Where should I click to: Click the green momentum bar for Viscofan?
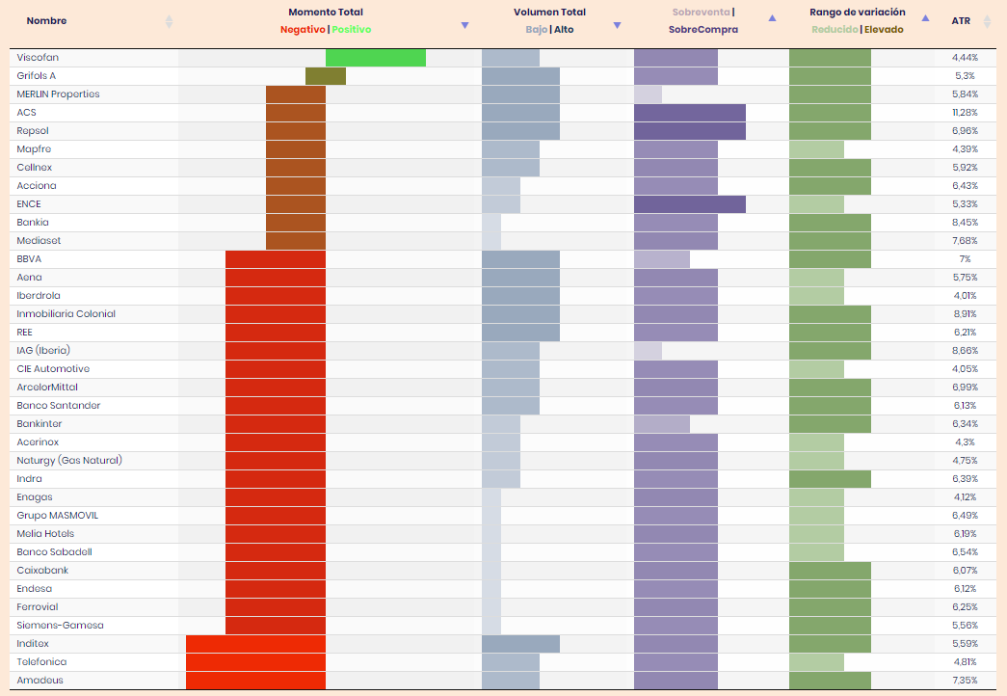click(x=376, y=58)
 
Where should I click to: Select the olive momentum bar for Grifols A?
click(x=326, y=76)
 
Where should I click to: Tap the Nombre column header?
click(x=46, y=20)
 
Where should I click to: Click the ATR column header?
click(x=961, y=20)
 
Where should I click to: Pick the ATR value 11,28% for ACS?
click(x=965, y=113)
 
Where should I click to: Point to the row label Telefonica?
click(x=41, y=662)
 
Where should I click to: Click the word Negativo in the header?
click(x=303, y=30)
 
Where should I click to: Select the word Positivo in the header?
click(x=352, y=30)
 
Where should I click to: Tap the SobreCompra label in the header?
click(x=703, y=30)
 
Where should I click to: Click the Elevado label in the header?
click(x=884, y=30)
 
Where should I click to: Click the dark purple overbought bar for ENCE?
click(x=690, y=204)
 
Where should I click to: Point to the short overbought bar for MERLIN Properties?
click(x=648, y=94)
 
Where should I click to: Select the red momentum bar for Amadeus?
click(x=255, y=681)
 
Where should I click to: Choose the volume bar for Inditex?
click(x=520, y=644)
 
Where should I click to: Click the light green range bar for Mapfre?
click(x=816, y=149)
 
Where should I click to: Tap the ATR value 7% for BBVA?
click(x=965, y=259)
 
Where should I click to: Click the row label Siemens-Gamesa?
click(x=60, y=626)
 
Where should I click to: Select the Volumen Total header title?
click(x=549, y=13)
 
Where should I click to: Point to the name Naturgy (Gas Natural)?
click(x=69, y=461)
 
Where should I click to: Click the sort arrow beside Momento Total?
click(x=464, y=25)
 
